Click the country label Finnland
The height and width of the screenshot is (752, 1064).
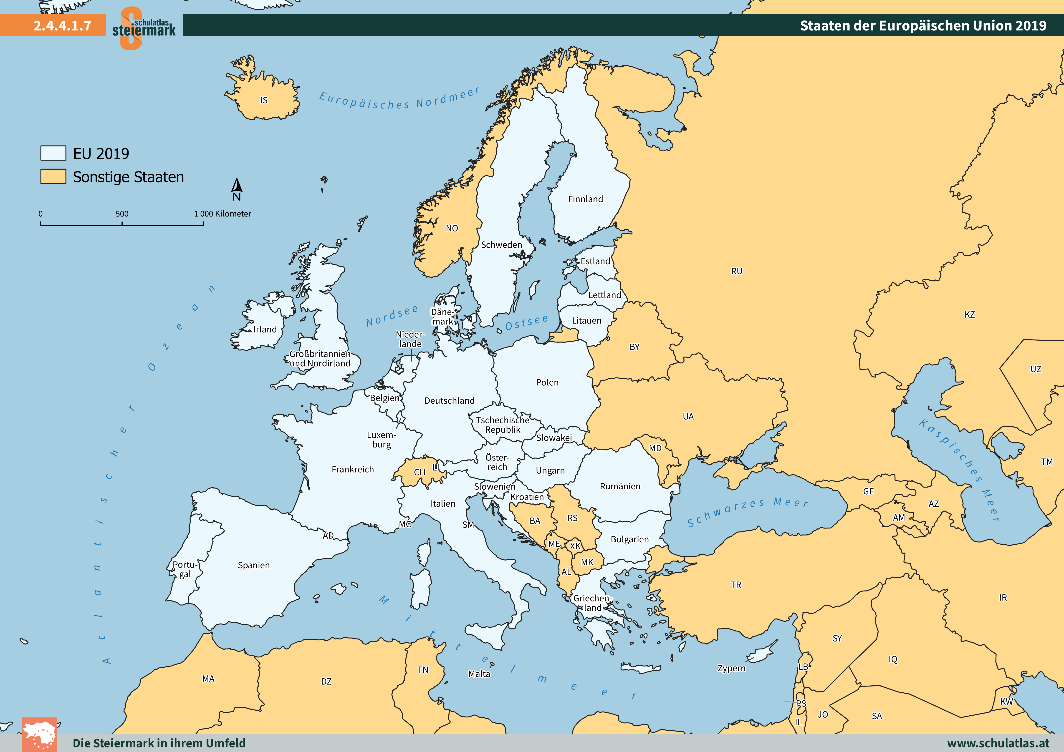tap(585, 199)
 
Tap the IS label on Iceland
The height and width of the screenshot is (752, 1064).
tap(264, 101)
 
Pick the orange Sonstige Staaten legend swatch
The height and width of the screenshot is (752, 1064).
tap(53, 176)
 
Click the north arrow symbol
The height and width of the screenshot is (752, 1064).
tap(237, 186)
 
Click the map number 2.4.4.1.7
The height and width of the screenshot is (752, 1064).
tap(62, 25)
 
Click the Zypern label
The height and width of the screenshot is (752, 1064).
tap(731, 668)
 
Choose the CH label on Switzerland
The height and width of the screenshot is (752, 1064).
tap(420, 472)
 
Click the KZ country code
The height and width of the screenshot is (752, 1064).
tap(969, 315)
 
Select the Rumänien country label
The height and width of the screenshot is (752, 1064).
tap(620, 486)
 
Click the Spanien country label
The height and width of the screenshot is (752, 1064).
tap(253, 565)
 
